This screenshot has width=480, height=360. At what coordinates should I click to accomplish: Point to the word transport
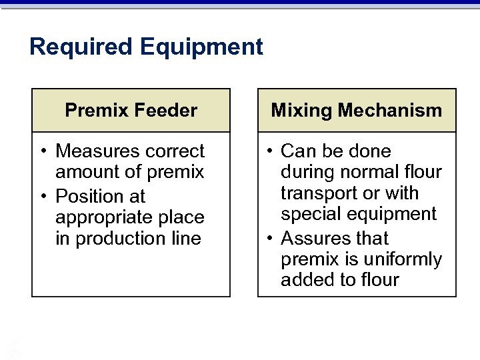pos(317,194)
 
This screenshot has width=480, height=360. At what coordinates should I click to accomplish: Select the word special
pos(309,215)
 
